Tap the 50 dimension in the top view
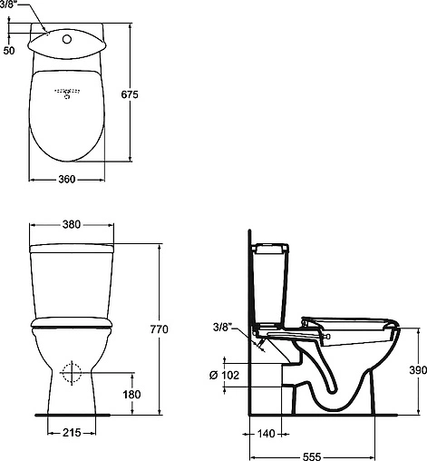[x=9, y=51]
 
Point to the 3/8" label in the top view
[x=13, y=5]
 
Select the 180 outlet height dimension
[x=133, y=394]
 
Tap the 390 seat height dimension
[x=414, y=370]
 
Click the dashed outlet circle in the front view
[x=72, y=372]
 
